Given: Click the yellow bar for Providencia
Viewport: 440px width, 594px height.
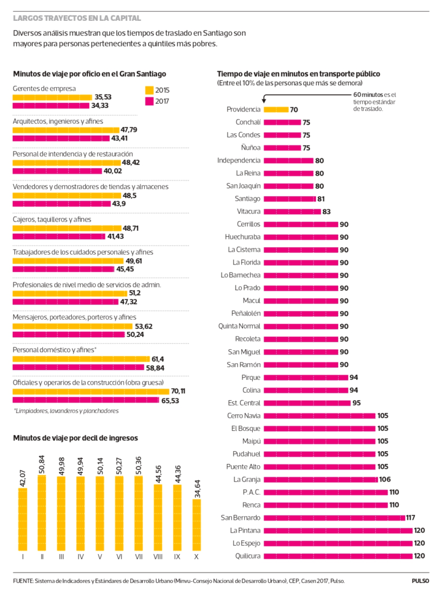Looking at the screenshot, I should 276,110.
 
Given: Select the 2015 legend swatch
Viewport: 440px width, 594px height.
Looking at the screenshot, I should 148,90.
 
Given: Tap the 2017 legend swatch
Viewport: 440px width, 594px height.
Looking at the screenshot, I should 148,102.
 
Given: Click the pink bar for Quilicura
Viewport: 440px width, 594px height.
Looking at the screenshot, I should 338,556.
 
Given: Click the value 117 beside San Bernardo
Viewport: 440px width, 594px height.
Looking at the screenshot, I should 410,517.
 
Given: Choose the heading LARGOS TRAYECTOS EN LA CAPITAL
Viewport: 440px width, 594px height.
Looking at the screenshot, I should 77,19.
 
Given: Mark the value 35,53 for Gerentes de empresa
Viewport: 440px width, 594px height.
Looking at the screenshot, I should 103,97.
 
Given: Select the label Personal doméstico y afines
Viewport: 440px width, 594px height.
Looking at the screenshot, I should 54,350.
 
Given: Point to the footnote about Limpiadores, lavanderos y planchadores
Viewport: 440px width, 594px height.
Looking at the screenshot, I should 66,411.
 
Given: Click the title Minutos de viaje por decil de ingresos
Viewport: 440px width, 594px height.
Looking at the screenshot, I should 75,438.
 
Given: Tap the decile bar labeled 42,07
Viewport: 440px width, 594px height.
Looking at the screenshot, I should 23,520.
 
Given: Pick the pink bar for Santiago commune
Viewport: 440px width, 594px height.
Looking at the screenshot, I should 290,199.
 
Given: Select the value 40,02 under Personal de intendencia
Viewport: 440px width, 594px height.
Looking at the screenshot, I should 112,171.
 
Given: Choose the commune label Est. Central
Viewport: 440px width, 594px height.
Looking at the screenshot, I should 245,403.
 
